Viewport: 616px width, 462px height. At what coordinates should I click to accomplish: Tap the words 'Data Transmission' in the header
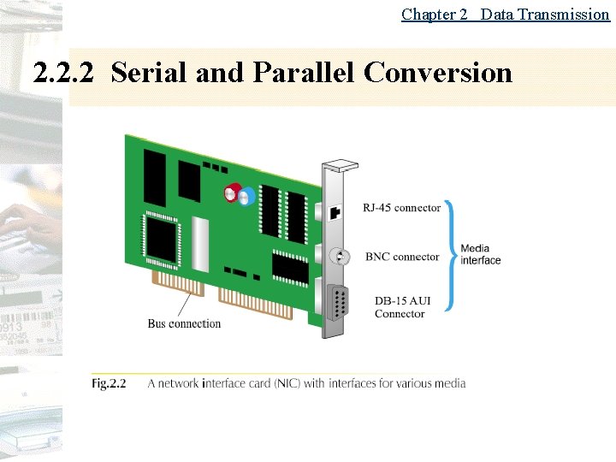coord(545,14)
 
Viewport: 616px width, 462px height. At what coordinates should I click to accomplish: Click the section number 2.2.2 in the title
coord(62,73)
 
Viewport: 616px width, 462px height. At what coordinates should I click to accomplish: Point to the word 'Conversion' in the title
coord(438,73)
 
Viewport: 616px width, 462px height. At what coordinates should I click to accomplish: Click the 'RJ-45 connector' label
coord(401,208)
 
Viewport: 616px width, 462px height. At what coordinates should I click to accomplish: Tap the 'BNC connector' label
coord(402,257)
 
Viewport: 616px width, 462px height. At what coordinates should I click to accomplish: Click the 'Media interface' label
coord(481,254)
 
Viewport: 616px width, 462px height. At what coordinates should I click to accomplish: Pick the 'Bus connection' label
coord(184,323)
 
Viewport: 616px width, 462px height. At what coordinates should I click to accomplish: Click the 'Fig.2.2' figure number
coord(109,383)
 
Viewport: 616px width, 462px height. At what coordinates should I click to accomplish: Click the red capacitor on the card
coord(232,192)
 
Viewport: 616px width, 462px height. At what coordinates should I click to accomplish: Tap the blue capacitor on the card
coord(246,197)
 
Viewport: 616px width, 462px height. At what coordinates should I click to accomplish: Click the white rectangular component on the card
coord(201,244)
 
